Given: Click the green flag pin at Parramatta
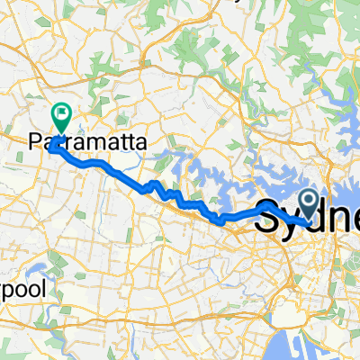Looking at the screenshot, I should (62, 115).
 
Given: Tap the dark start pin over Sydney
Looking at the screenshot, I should (308, 202).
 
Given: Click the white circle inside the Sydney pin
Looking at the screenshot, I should (308, 199).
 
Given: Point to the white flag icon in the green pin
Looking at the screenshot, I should (62, 113).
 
